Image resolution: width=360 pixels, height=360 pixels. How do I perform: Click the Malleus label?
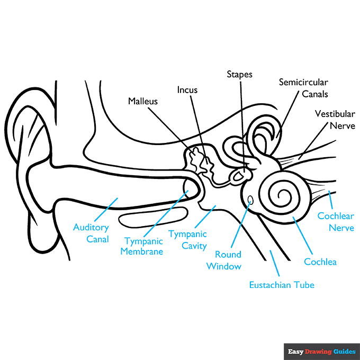(x=143, y=101)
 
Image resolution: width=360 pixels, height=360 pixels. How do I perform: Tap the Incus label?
(x=187, y=90)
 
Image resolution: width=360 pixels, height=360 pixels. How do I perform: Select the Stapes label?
(x=239, y=75)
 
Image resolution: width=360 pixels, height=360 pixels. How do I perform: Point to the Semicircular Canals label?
(x=304, y=88)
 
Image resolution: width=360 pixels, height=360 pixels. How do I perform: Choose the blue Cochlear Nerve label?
(x=336, y=222)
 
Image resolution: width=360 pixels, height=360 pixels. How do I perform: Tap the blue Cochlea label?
(x=320, y=262)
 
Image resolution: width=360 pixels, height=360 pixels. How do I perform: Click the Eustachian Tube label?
(x=282, y=285)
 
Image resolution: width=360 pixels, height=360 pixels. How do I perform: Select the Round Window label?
(x=224, y=260)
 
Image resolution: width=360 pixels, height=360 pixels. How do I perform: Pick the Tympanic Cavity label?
(x=187, y=239)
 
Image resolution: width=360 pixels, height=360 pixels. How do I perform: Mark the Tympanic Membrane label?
(x=141, y=246)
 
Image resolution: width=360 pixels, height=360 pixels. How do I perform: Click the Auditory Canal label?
(x=91, y=233)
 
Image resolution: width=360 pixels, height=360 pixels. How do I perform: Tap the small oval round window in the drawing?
(x=250, y=200)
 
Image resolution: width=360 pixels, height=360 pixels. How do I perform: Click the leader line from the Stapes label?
(x=241, y=122)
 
